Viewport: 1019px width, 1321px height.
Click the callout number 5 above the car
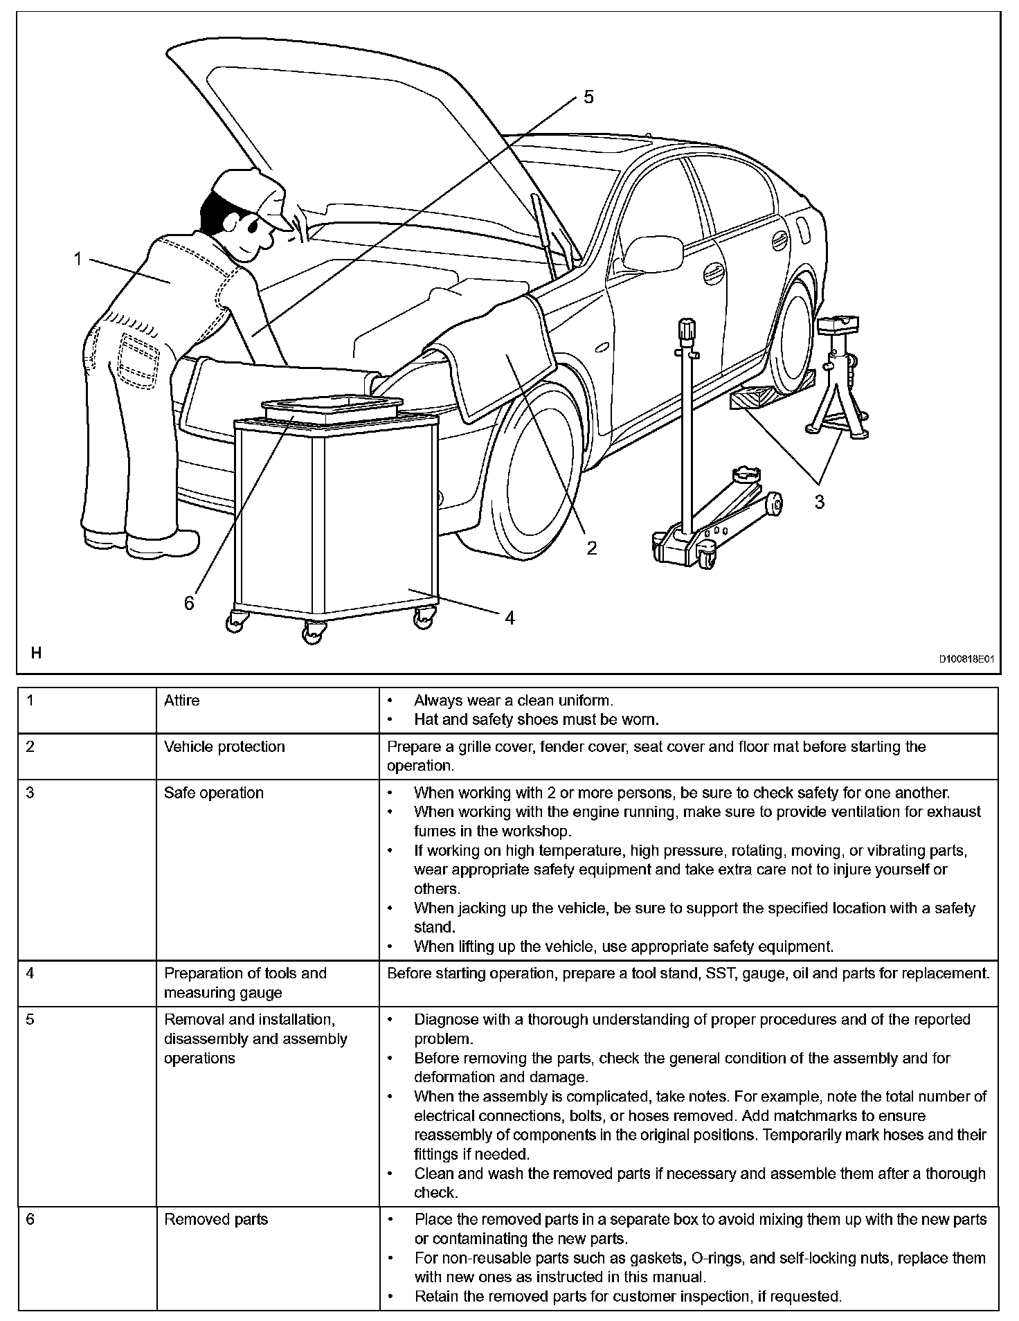tap(588, 97)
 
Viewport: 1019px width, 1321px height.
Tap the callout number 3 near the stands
tap(820, 502)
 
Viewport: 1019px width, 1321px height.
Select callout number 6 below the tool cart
tap(189, 603)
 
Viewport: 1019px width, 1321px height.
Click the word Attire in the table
tap(181, 701)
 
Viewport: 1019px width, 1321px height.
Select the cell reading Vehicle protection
tap(224, 747)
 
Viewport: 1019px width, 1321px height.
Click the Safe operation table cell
tap(214, 793)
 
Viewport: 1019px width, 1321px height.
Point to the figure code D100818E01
tap(966, 660)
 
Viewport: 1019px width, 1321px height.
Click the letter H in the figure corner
tap(37, 652)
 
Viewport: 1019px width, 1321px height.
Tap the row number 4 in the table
tap(30, 973)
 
